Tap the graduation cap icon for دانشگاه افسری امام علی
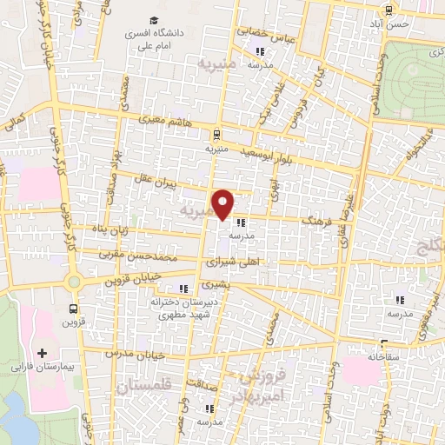click(x=154, y=20)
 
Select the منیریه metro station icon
click(x=215, y=134)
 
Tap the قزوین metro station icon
click(x=74, y=308)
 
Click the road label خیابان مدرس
click(x=129, y=355)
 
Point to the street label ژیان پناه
click(x=111, y=230)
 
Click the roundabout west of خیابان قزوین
click(x=73, y=281)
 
